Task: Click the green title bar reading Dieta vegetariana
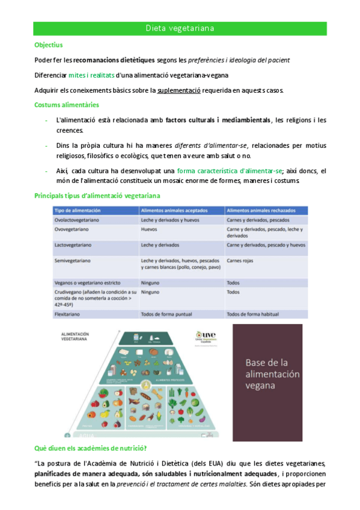[x=180, y=28]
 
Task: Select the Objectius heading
[x=49, y=45]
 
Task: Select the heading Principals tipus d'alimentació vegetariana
[x=97, y=197]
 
